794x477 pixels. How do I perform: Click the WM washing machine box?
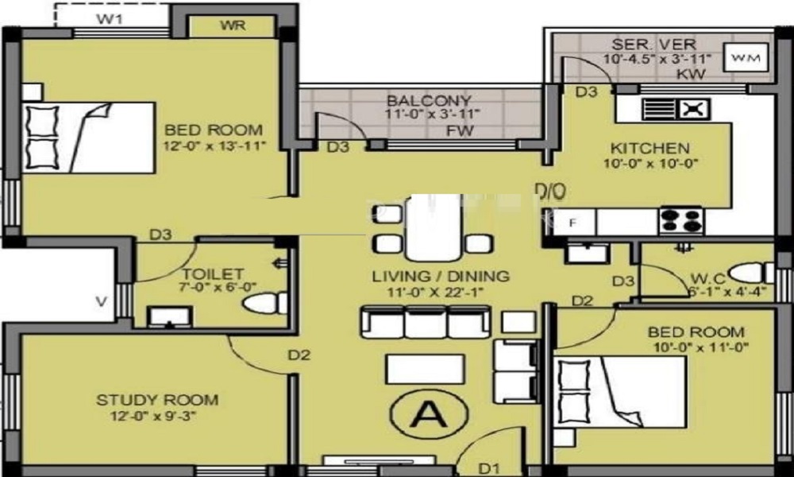[746, 57]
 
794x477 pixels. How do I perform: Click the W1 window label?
[110, 17]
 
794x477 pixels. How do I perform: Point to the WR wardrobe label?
[233, 25]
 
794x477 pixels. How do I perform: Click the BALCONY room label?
[429, 101]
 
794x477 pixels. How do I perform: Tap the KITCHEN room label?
[649, 149]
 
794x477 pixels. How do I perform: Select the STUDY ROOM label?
[157, 400]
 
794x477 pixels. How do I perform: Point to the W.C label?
[705, 278]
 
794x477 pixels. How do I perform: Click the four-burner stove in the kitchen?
[680, 219]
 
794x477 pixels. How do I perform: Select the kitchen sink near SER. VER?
[676, 109]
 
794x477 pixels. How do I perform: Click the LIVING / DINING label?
[441, 277]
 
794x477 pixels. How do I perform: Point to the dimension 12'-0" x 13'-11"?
[214, 145]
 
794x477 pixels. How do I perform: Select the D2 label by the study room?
[298, 355]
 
